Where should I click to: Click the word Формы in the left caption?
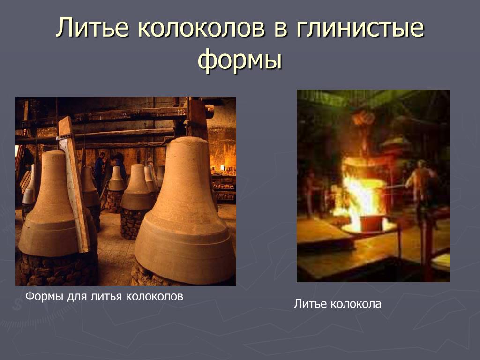coord(45,296)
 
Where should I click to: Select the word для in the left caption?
coord(77,297)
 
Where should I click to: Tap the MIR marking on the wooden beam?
coord(181,112)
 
